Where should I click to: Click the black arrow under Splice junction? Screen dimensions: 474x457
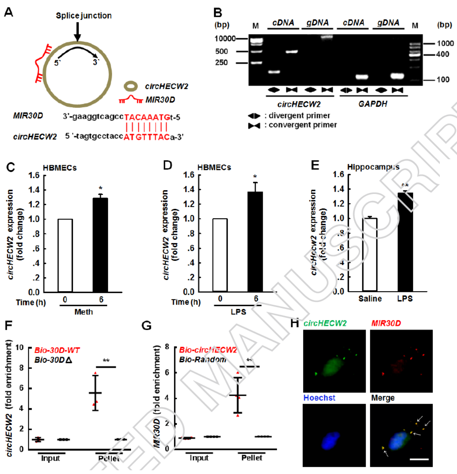[77, 31]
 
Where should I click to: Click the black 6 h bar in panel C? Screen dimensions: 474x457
[100, 245]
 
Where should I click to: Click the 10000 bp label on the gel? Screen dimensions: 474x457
[225, 39]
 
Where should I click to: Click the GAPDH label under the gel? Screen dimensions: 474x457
[372, 104]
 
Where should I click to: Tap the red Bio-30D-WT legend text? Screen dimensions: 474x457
[57, 350]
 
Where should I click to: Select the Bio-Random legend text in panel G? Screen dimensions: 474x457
[202, 360]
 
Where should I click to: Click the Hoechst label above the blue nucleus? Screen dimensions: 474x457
[319, 398]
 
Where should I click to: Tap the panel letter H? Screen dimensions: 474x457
[295, 323]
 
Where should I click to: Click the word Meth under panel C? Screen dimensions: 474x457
[83, 312]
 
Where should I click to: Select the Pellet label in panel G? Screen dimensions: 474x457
[252, 458]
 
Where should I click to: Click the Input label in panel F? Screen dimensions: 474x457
[51, 458]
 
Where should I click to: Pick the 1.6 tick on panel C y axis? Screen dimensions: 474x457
[34, 175]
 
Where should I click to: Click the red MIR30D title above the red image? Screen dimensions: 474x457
[386, 323]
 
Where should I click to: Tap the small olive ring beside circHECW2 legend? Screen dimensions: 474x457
[131, 86]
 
